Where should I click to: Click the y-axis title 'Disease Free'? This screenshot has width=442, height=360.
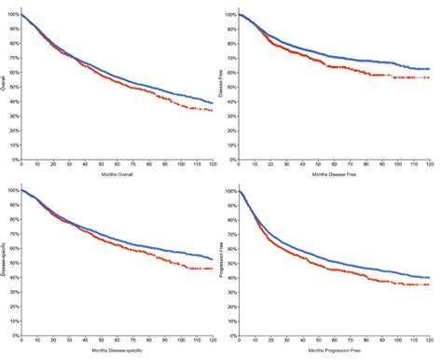click(224, 81)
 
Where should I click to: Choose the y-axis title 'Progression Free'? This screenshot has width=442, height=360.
click(224, 260)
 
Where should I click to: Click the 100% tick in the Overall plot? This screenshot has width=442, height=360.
click(10, 15)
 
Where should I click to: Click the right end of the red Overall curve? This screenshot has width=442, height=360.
click(212, 111)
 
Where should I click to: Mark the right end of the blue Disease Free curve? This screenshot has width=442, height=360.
click(430, 69)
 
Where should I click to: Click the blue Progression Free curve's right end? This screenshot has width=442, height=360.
click(430, 277)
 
